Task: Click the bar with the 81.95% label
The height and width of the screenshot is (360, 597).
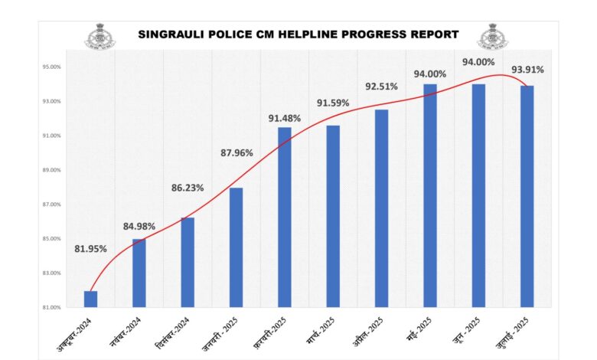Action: point(90,299)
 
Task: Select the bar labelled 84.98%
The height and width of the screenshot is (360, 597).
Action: point(139,273)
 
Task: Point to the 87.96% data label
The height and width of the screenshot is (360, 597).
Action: point(236,152)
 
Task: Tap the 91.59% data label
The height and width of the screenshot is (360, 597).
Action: point(333,103)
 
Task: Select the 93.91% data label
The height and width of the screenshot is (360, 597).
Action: point(528,70)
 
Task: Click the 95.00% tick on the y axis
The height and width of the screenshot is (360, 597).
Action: point(51,67)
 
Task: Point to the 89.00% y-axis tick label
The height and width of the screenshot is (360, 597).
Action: point(51,170)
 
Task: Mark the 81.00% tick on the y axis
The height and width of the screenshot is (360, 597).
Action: point(51,307)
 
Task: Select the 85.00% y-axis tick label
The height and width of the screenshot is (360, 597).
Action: point(51,239)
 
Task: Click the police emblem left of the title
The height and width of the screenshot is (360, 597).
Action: point(98,34)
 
